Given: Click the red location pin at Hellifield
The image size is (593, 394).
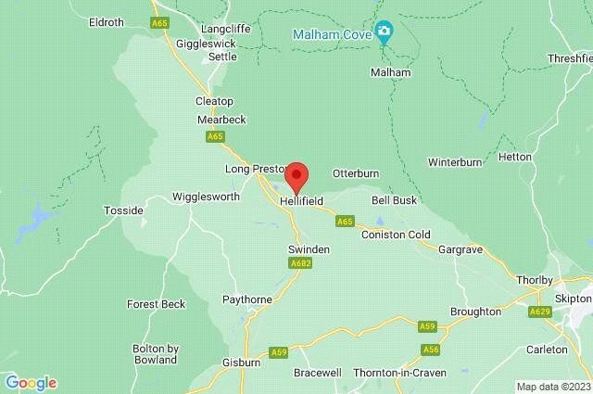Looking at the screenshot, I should click(296, 174).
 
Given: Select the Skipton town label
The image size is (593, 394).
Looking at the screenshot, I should click(574, 299).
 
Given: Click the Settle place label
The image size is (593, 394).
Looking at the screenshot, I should click(221, 57).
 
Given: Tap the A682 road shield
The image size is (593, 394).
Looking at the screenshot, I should click(299, 263).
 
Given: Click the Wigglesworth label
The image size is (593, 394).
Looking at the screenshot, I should click(206, 197).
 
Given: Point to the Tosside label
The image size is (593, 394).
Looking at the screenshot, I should click(122, 210).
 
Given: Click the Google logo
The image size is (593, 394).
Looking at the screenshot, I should click(31, 383).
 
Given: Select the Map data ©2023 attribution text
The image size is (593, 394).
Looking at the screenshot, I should click(553, 387).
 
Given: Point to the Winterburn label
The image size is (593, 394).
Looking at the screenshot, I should click(455, 161).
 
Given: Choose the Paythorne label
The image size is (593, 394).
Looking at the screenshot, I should click(245, 299).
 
